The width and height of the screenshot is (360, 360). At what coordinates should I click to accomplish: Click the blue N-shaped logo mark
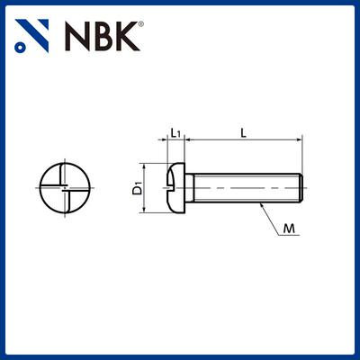tap(31, 36)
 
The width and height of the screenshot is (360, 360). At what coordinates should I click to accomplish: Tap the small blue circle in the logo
tap(20, 48)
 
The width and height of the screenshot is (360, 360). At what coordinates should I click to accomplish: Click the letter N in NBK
tap(77, 36)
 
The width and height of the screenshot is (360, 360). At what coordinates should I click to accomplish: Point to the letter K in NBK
tap(128, 36)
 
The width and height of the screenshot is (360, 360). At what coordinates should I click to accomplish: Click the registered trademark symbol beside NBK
tap(140, 23)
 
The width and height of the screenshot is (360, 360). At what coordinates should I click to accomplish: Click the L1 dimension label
tap(175, 132)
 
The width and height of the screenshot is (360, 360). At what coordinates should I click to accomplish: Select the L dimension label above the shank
tap(244, 132)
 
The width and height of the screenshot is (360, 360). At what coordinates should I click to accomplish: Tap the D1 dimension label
tap(138, 188)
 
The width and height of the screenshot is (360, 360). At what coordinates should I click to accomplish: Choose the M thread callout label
tap(289, 229)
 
